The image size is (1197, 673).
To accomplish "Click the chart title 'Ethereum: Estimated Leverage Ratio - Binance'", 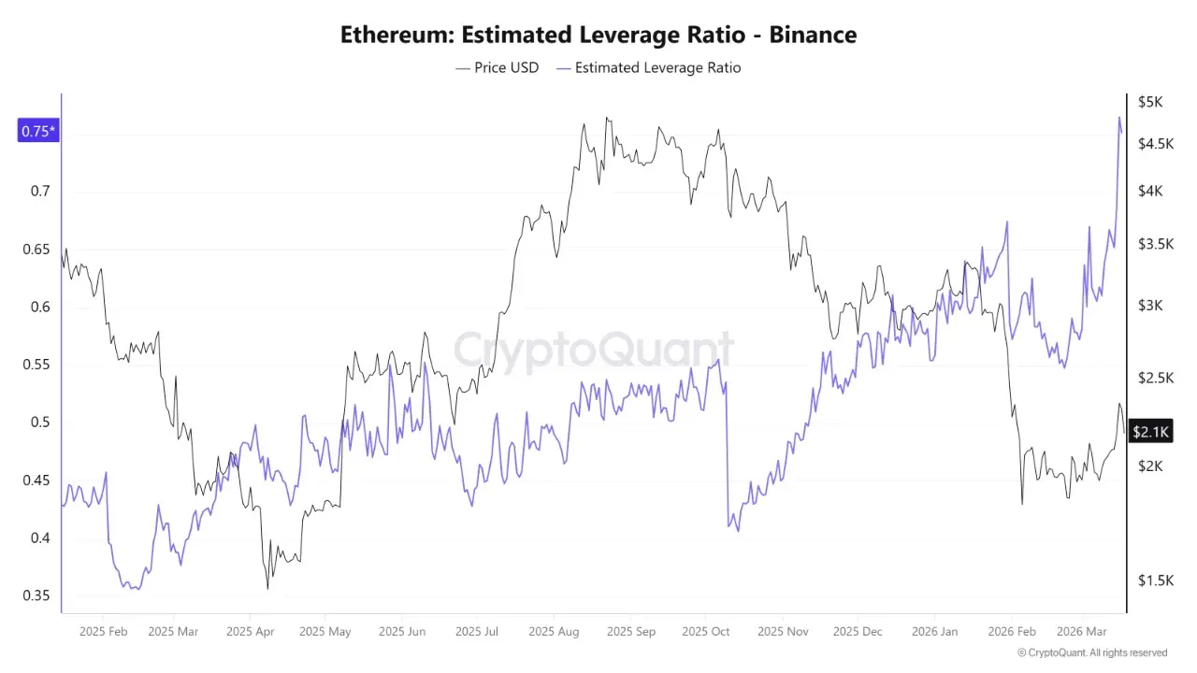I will click(x=598, y=36).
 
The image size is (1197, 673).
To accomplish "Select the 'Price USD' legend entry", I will click(x=497, y=67).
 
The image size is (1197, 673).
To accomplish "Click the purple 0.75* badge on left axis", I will click(x=38, y=131).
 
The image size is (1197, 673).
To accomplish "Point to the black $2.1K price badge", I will click(x=1150, y=431).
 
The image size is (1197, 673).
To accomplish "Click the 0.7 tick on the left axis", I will click(x=39, y=192).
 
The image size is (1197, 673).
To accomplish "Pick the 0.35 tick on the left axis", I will click(x=36, y=596).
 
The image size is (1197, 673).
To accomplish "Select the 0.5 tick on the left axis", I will click(x=39, y=422).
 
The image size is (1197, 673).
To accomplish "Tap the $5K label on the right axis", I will click(x=1149, y=102).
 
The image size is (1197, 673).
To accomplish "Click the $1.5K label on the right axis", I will click(x=1155, y=580).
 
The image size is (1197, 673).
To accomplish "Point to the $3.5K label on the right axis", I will click(x=1155, y=244).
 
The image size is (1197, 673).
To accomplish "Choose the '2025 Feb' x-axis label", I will click(x=103, y=632).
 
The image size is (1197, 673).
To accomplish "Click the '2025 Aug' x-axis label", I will click(x=554, y=632).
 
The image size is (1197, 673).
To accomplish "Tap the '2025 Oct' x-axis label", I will click(x=705, y=632).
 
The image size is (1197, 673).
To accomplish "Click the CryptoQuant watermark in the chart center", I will click(x=593, y=350).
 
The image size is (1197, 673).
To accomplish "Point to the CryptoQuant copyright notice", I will click(x=1091, y=652).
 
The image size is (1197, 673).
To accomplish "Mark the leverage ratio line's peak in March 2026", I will click(x=1119, y=118).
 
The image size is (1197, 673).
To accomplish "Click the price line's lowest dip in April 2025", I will click(x=268, y=588).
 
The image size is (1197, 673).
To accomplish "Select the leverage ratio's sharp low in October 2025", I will click(x=738, y=531).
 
